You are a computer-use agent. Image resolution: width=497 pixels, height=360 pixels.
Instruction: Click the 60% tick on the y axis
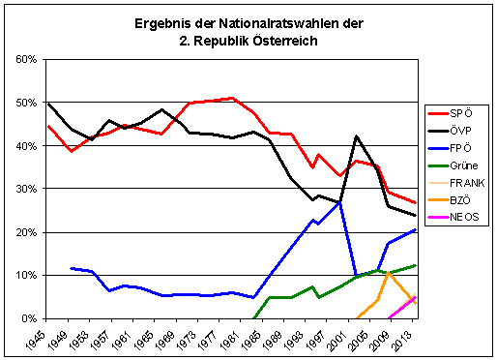click(x=25, y=60)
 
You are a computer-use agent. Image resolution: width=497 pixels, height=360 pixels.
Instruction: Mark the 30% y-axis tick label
click(x=25, y=190)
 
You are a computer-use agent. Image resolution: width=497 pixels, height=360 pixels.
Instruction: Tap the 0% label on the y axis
click(x=28, y=318)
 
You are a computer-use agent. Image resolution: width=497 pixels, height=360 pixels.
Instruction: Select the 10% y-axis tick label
click(x=25, y=276)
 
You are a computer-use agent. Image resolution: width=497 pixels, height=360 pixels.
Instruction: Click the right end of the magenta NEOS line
click(x=415, y=298)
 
